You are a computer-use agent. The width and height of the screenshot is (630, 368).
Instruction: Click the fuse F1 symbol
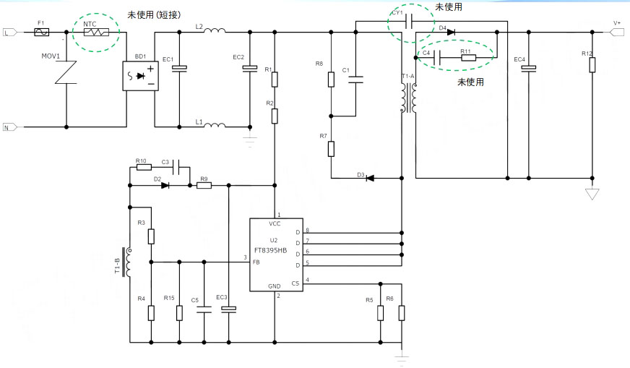point(42,33)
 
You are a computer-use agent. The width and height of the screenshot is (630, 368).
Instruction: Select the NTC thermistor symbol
point(96,33)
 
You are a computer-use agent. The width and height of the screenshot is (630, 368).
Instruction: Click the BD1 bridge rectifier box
point(139,76)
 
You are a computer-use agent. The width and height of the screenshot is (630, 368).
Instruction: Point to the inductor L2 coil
point(215,31)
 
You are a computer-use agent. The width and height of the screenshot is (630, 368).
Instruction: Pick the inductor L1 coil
point(215,126)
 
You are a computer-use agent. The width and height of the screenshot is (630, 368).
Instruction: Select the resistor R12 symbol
point(592,65)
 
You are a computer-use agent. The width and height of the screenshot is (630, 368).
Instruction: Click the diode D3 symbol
point(370,178)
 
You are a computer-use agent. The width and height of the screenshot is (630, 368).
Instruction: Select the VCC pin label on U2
point(275,224)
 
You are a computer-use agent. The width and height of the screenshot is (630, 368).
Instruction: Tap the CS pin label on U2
point(295,283)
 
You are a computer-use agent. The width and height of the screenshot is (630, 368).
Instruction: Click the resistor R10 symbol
point(141,168)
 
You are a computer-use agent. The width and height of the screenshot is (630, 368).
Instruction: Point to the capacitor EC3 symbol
point(229,309)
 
